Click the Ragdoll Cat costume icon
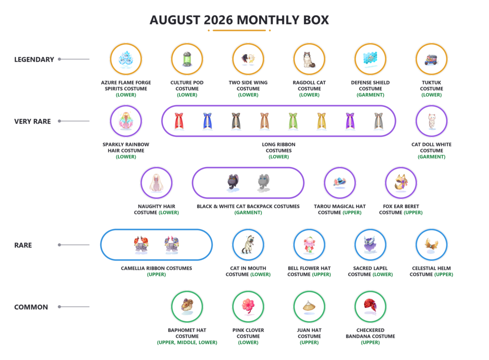pos(309,59)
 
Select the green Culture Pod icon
pos(187,59)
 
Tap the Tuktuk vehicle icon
pos(431,60)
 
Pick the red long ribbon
pos(179,121)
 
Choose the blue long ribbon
pos(207,121)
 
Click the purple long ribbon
pos(350,121)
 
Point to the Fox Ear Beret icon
pos(401,183)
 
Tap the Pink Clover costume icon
pos(248,307)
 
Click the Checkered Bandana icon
pos(371,306)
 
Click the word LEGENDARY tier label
pos(34,59)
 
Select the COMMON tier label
pos(31,307)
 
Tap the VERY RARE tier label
pos(32,121)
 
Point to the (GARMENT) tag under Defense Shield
pos(371,95)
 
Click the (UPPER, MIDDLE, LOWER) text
pos(187,342)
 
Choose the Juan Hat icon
pos(309,306)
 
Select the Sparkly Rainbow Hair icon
pos(126,121)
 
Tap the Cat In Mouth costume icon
pos(248,244)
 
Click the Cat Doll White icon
pos(431,121)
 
